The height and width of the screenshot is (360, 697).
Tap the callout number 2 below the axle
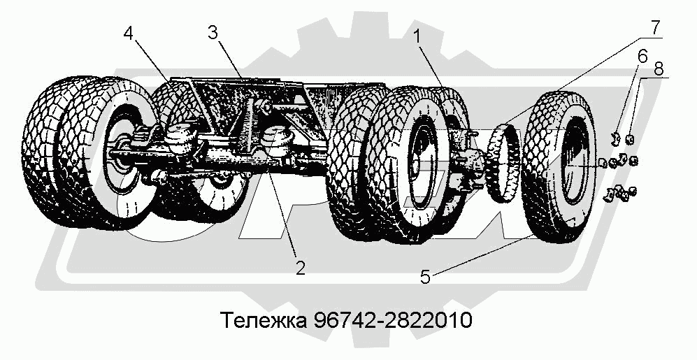300,268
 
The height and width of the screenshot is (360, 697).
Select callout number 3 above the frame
213,34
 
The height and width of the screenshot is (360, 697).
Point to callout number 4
129,34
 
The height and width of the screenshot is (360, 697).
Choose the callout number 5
426,277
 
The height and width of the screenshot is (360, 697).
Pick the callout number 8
659,69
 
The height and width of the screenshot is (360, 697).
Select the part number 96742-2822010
392,320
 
